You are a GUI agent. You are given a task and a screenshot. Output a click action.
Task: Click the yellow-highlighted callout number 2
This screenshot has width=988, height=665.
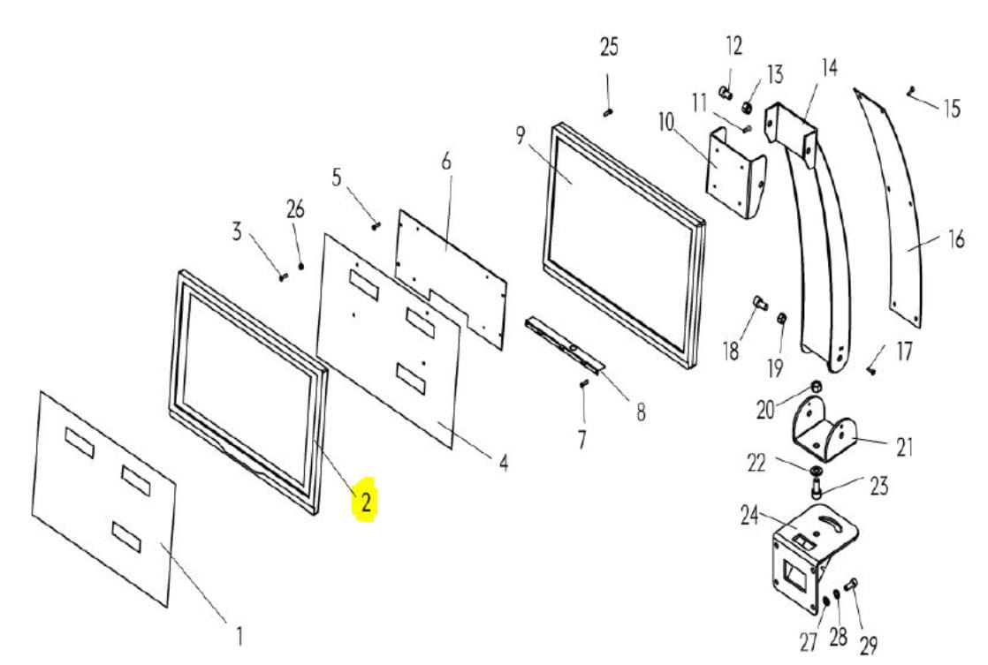[366, 502]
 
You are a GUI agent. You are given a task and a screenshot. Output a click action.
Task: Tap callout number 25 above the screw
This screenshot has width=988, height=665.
[609, 47]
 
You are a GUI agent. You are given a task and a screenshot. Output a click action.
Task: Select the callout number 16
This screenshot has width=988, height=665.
[956, 239]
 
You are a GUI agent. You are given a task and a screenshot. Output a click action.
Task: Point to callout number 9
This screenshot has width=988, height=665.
[520, 135]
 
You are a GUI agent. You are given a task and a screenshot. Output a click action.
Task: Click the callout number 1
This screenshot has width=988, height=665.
[239, 636]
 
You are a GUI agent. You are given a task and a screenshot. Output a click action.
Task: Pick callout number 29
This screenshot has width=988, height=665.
[869, 646]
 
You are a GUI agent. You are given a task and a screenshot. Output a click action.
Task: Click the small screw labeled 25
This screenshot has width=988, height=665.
[608, 113]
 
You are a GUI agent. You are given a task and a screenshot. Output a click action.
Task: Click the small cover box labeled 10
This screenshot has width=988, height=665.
[734, 172]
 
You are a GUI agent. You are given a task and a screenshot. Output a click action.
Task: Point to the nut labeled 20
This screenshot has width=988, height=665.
[814, 385]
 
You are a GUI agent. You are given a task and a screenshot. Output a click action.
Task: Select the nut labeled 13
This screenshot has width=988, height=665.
[747, 108]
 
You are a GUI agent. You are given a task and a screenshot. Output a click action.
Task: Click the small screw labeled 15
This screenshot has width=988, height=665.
[911, 92]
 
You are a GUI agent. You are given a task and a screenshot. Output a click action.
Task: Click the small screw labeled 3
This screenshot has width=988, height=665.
[283, 276]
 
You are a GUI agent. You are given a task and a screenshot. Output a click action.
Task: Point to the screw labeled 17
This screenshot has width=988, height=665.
[871, 371]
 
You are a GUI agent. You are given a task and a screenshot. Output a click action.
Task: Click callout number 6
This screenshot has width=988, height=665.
[446, 162]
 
